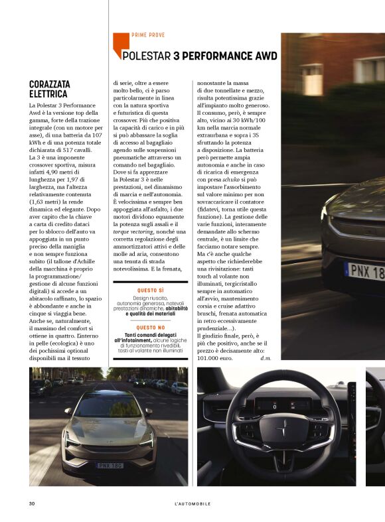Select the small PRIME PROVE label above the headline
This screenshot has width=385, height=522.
click(x=148, y=34)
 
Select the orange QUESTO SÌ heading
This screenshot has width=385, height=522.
click(x=151, y=291)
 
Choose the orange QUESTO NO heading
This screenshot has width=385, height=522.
click(x=151, y=328)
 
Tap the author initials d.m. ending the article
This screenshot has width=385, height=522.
click(x=266, y=358)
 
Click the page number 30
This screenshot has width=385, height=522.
click(x=32, y=503)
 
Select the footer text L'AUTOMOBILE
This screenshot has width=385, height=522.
click(x=193, y=503)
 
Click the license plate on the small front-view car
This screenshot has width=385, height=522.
click(x=110, y=465)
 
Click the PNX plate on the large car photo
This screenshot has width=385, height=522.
click(x=366, y=272)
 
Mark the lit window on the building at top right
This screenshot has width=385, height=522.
click(x=311, y=79)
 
